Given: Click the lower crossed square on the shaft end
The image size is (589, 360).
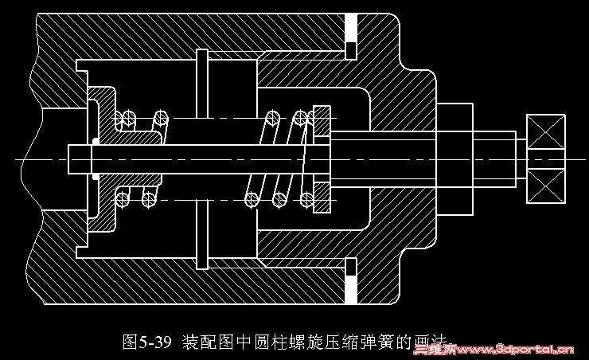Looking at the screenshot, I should [546, 188].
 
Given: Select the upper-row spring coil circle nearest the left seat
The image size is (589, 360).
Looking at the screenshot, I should [124, 119].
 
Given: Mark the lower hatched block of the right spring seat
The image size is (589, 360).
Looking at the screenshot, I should [322, 198].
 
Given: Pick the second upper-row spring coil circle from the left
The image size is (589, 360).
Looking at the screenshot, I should [160, 119].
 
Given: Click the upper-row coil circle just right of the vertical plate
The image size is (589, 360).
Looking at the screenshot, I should [272, 119].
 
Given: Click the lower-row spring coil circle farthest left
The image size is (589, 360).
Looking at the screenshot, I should [123, 199].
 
